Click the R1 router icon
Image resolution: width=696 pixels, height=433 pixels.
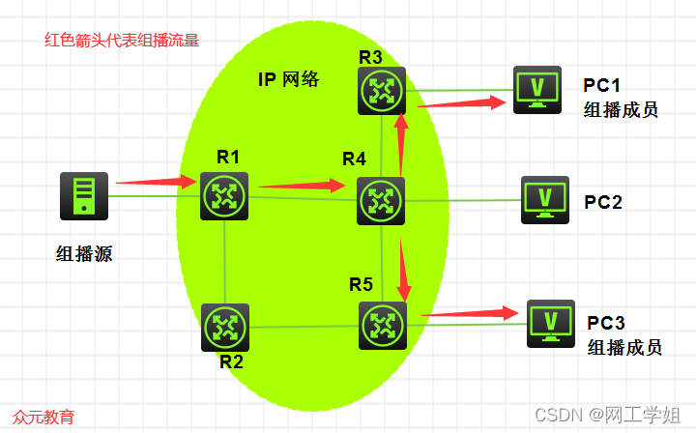click(x=224, y=195)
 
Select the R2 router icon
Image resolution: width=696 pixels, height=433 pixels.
click(x=224, y=328)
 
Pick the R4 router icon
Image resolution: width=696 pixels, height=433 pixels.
click(x=381, y=201)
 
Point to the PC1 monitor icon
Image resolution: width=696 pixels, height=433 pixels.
click(x=536, y=90)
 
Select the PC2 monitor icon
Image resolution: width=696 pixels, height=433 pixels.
click(x=545, y=200)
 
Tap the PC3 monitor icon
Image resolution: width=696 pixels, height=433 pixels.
click(x=551, y=323)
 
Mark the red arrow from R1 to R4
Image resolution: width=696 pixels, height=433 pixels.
click(x=303, y=184)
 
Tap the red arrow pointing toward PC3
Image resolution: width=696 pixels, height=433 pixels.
click(x=468, y=312)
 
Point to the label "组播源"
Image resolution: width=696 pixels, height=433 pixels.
click(x=85, y=254)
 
